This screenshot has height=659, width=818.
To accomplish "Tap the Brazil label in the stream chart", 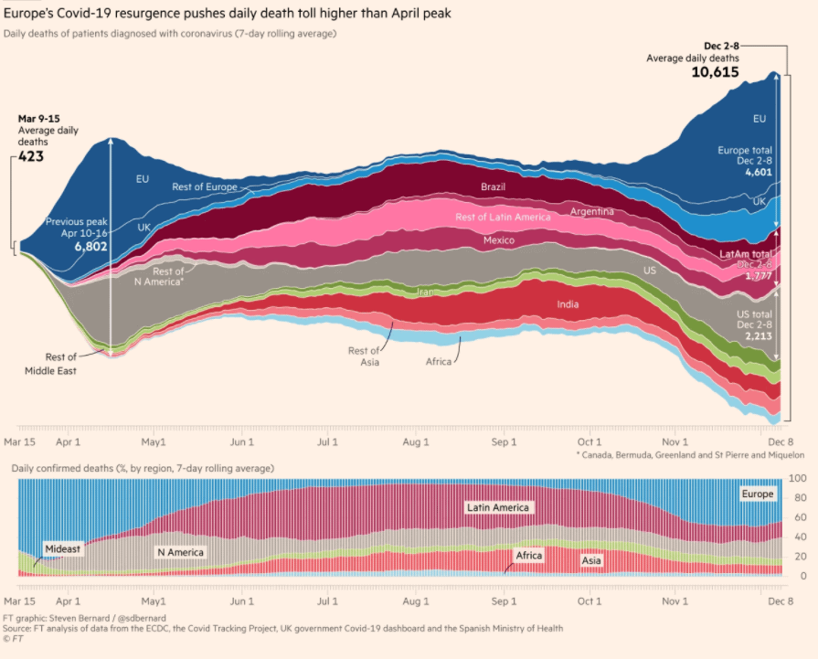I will pyautogui.click(x=494, y=186).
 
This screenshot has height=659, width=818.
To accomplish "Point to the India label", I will pyautogui.click(x=568, y=304).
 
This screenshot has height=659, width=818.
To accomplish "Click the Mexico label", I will pyautogui.click(x=499, y=240).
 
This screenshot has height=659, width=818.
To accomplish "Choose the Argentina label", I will pyautogui.click(x=592, y=212).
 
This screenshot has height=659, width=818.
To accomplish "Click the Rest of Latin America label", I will pyautogui.click(x=503, y=218).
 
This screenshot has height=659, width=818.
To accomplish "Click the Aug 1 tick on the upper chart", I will pyautogui.click(x=416, y=442).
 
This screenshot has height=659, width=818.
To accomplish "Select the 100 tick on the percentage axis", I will pyautogui.click(x=796, y=479).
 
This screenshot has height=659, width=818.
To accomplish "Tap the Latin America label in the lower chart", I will pyautogui.click(x=497, y=507).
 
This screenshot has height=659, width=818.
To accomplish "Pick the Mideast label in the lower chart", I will pyautogui.click(x=62, y=549).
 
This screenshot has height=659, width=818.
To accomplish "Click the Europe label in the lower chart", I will pyautogui.click(x=758, y=494).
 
